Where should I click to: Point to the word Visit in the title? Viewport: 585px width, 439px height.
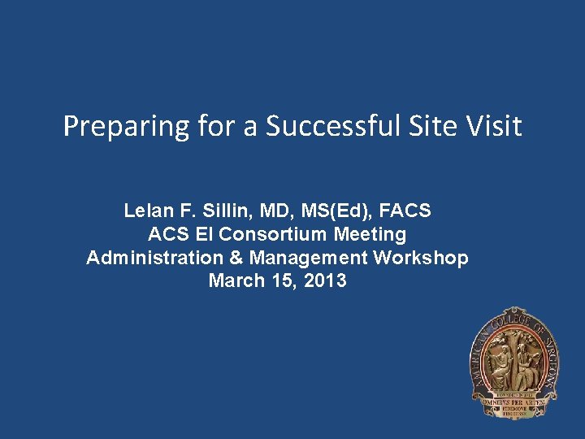coord(493,126)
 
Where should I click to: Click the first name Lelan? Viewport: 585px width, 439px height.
coord(149,211)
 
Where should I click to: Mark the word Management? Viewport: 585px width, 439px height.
coord(309,259)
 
